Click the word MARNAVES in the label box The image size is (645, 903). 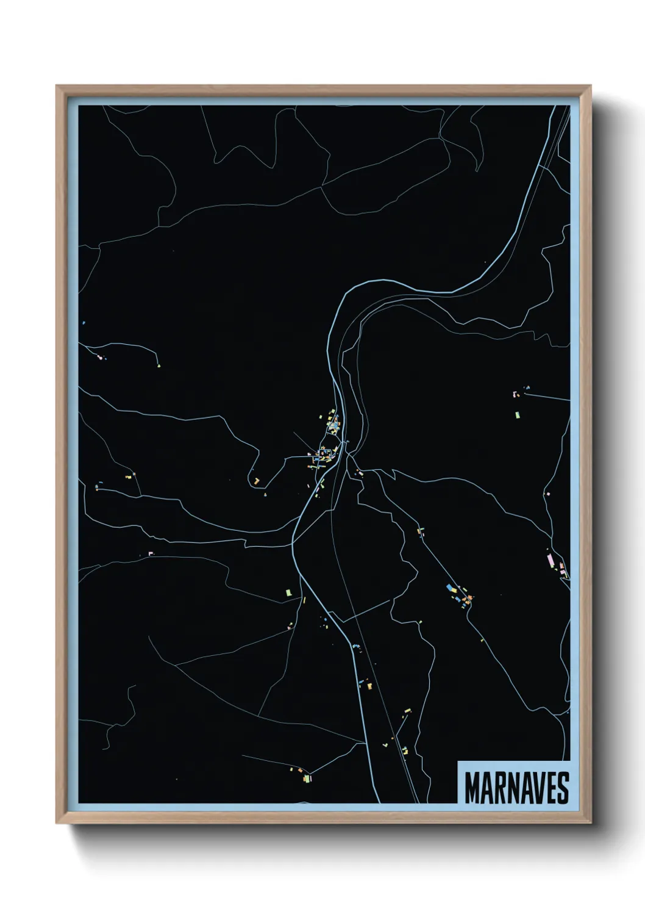516,788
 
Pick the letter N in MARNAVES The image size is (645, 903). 511,788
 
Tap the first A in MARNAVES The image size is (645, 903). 486,788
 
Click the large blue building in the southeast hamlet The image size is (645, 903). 451,588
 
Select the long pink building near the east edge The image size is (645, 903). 550,559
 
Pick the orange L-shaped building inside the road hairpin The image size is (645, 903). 257,481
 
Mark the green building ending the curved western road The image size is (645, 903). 159,365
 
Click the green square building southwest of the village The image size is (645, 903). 289,592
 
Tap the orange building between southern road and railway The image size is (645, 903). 369,686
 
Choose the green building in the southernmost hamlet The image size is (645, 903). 307,779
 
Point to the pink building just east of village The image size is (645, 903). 360,473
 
